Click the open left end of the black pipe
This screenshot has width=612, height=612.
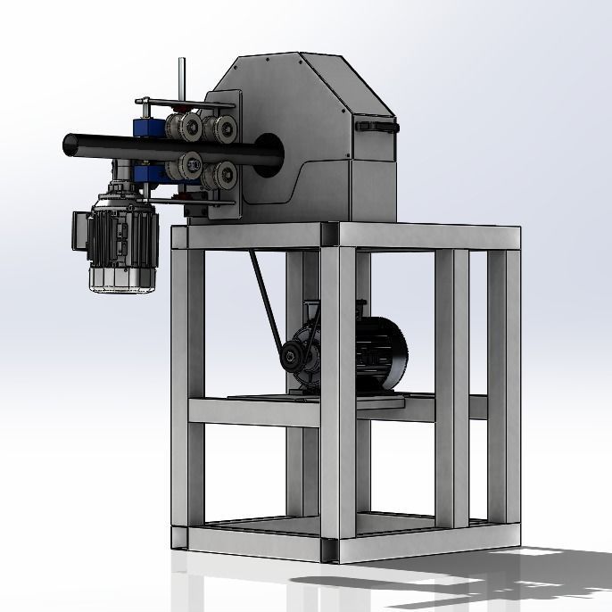pyautogui.click(x=69, y=143)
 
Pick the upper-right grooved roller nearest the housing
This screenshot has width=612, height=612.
pyautogui.click(x=221, y=128)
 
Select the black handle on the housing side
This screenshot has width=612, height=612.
pyautogui.click(x=374, y=127)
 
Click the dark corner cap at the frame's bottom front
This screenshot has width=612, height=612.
pyautogui.click(x=330, y=550)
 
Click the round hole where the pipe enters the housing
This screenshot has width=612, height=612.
pyautogui.click(x=268, y=148)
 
